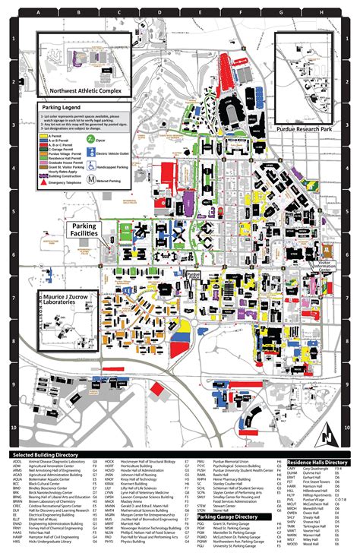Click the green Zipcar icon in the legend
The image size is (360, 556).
tap(90, 140)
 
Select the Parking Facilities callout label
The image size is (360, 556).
tap(90, 230)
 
